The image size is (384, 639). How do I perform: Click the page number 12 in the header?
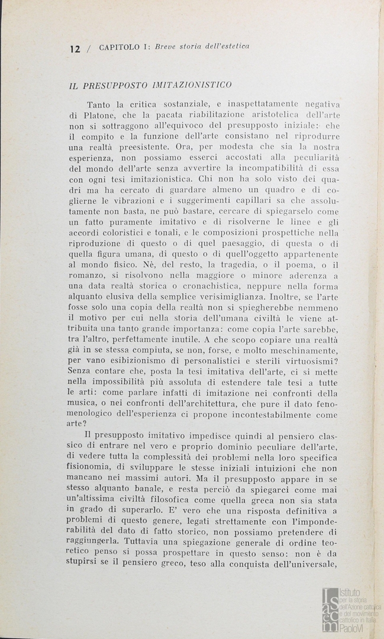click(74, 49)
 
